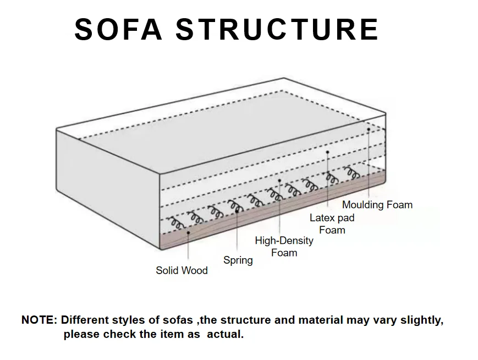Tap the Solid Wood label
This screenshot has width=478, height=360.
point(182,270)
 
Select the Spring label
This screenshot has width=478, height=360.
point(238,260)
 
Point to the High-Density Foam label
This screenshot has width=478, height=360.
point(284,247)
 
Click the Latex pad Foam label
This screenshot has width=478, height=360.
point(332,223)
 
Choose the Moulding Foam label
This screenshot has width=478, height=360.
point(377,205)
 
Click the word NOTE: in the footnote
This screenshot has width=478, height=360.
point(39,320)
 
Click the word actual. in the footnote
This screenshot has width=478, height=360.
point(225,334)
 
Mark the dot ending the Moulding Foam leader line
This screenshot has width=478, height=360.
point(369,129)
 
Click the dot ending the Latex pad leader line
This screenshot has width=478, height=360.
point(327,151)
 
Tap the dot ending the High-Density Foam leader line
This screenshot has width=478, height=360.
point(279,180)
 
